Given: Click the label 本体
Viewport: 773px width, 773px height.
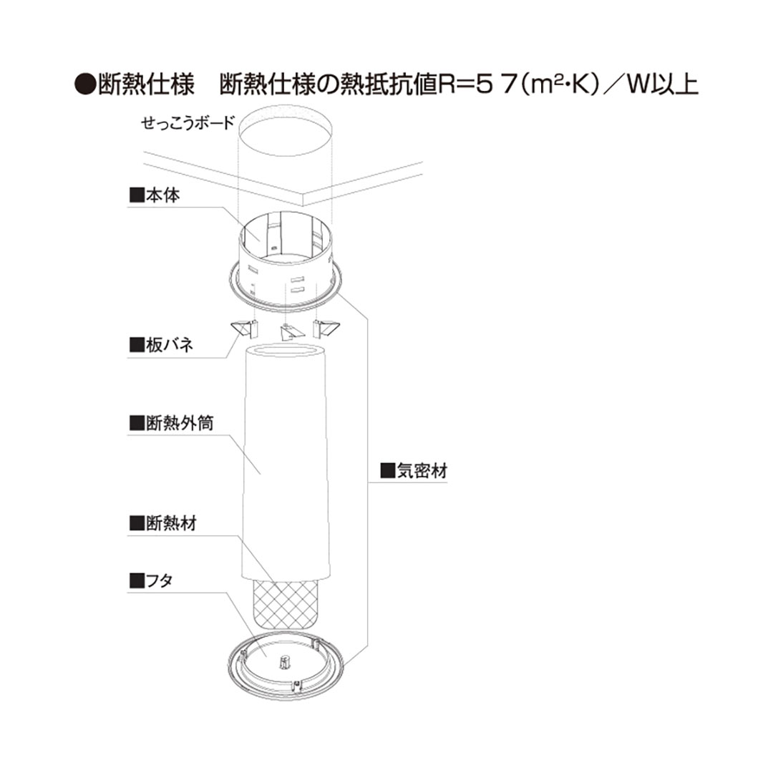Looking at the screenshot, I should tap(156, 195).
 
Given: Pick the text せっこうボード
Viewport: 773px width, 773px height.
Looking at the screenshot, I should tap(188, 123).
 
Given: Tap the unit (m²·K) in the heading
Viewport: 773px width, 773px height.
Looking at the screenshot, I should tap(558, 85).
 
